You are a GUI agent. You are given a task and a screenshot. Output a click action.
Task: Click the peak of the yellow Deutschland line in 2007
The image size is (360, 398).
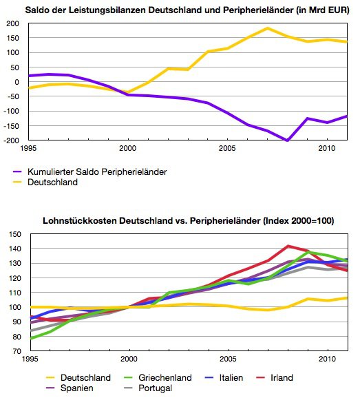(x=267, y=28)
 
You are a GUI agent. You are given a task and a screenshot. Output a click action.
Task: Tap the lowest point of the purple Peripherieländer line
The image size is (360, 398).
(x=287, y=140)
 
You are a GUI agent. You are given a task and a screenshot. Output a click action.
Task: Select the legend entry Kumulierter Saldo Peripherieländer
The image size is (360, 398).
(x=89, y=172)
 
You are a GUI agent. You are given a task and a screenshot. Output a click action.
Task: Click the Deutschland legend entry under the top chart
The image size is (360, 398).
(x=45, y=182)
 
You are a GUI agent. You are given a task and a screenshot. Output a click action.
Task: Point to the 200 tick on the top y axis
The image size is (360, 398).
(x=12, y=23)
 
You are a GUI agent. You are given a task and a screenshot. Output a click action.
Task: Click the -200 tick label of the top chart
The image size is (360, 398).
(x=11, y=140)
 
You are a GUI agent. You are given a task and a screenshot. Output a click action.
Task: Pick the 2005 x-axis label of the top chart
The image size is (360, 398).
(x=227, y=148)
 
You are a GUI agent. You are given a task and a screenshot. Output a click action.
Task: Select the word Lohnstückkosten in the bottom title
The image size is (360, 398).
(x=80, y=221)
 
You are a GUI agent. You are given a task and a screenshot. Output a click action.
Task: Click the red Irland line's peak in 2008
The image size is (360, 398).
(x=288, y=246)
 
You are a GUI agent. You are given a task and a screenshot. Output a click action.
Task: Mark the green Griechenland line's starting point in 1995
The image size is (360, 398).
(x=31, y=338)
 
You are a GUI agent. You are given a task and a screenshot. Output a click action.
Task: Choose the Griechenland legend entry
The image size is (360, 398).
(x=158, y=378)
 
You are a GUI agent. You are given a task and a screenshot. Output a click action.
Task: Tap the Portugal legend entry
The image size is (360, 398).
(x=148, y=388)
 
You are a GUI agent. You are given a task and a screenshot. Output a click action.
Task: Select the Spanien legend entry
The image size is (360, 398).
(x=70, y=388)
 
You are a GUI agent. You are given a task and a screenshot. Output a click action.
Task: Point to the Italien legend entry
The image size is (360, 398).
(x=224, y=378)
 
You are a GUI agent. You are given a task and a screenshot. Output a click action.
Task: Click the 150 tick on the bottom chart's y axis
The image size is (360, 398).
(x=15, y=234)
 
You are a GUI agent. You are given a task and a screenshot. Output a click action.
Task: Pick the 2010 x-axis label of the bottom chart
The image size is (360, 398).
(x=327, y=359)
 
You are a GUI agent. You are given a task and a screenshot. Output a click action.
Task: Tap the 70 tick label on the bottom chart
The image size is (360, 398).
(x=17, y=351)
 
